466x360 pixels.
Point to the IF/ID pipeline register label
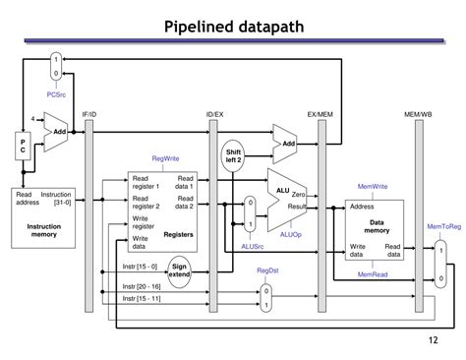tap(89, 114)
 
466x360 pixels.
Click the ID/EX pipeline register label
tap(214, 114)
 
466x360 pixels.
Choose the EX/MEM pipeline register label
tap(321, 114)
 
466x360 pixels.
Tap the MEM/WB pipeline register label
tap(417, 114)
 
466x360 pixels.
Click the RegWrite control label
tap(165, 158)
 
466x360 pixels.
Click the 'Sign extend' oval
tap(179, 270)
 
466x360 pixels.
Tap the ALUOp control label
tap(291, 235)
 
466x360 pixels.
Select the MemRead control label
tap(373, 274)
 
